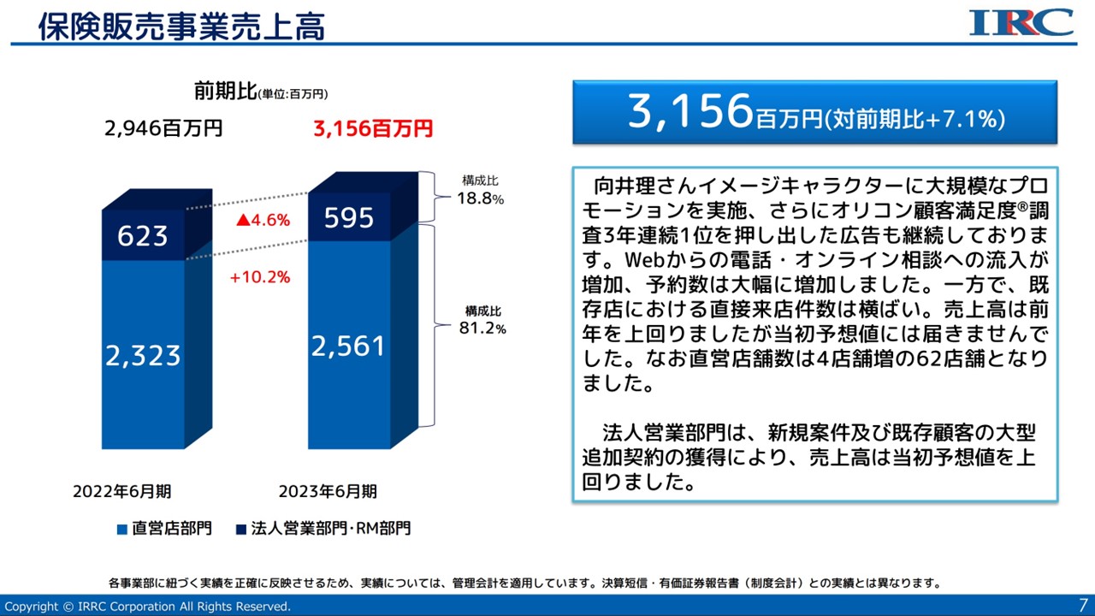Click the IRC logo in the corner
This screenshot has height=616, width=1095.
tap(1021, 22)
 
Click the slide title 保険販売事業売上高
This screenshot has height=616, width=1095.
tap(181, 27)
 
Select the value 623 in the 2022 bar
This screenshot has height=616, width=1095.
tap(143, 234)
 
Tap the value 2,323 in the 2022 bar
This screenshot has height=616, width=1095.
tap(143, 354)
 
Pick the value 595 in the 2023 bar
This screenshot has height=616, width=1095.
tap(349, 218)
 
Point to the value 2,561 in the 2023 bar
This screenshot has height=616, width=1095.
tap(348, 346)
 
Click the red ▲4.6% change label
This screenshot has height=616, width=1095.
tap(263, 220)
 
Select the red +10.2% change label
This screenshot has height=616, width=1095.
tap(260, 277)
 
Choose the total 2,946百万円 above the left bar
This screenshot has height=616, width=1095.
tap(163, 129)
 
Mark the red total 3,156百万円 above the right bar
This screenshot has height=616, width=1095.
tap(373, 129)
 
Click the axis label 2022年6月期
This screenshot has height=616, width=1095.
tap(121, 491)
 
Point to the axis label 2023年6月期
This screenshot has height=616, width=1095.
tap(328, 491)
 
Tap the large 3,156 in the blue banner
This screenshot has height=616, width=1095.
tap(690, 111)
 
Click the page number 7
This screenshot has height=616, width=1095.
tap(1083, 604)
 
